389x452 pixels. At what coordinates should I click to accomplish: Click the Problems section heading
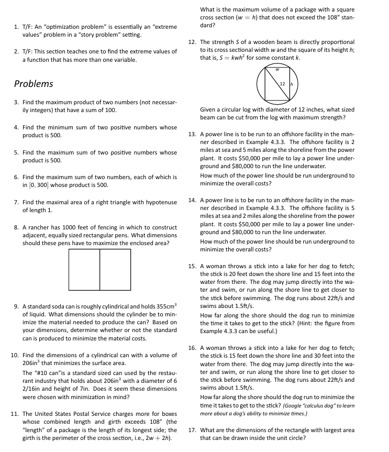coord(34,84)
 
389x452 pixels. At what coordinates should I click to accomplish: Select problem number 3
coord(17,102)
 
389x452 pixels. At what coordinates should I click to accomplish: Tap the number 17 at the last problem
coord(192,430)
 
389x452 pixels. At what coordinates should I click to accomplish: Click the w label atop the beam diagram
coord(278,68)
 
